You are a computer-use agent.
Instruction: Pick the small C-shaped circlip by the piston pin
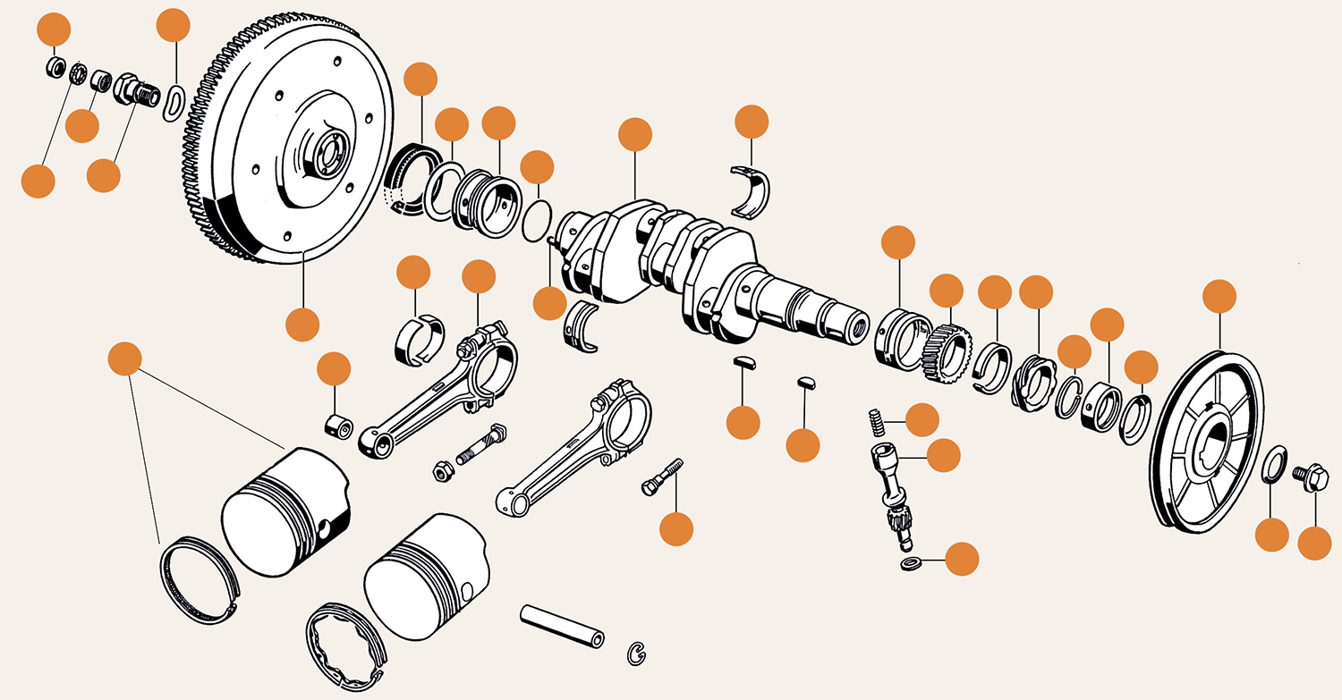636,653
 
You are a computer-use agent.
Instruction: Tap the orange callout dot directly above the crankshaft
635,134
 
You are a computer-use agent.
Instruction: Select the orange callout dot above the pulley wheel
1219,296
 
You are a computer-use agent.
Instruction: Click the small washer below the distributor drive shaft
910,563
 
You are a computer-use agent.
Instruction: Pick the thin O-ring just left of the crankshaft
536,222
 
